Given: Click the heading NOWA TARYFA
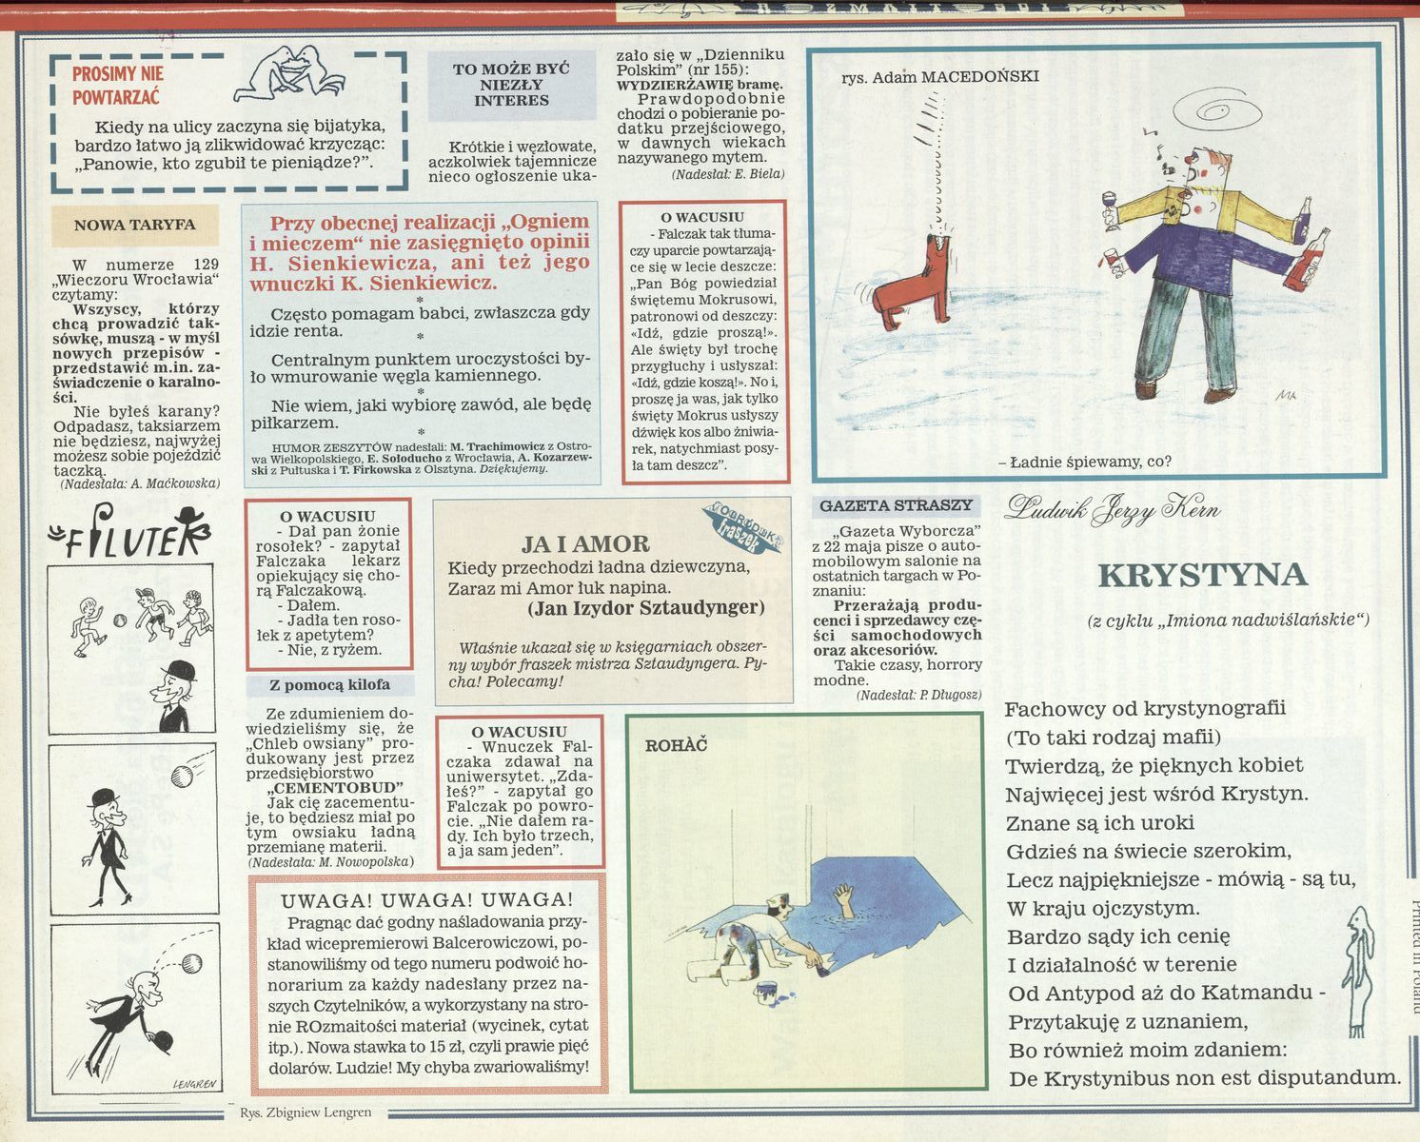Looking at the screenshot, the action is pyautogui.click(x=134, y=225).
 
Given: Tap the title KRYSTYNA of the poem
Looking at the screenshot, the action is pyautogui.click(x=1202, y=575).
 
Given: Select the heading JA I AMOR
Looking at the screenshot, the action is pyautogui.click(x=585, y=543).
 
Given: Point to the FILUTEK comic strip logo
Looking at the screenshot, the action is pyautogui.click(x=130, y=532).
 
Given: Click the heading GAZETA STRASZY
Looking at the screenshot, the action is pyautogui.click(x=897, y=505).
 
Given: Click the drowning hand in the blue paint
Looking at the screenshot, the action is pyautogui.click(x=844, y=896).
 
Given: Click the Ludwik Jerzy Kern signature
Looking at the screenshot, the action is pyautogui.click(x=1112, y=509).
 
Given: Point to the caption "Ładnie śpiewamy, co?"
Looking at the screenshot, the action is pyautogui.click(x=1084, y=462).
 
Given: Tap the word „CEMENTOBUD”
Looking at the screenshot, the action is pyautogui.click(x=335, y=788).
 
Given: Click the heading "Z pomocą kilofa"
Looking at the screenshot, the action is pyautogui.click(x=330, y=685).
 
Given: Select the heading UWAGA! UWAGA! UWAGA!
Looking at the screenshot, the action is pyautogui.click(x=427, y=900).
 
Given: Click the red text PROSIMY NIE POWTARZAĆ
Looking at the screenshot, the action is pyautogui.click(x=117, y=85).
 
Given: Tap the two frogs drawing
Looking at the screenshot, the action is pyautogui.click(x=289, y=72).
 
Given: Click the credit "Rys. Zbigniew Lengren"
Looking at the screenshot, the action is pyautogui.click(x=306, y=1112).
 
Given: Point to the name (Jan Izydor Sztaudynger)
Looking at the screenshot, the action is pyautogui.click(x=646, y=607).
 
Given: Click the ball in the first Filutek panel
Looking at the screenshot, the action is pyautogui.click(x=120, y=620).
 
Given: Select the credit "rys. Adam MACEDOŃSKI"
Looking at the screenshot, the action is pyautogui.click(x=940, y=77).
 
